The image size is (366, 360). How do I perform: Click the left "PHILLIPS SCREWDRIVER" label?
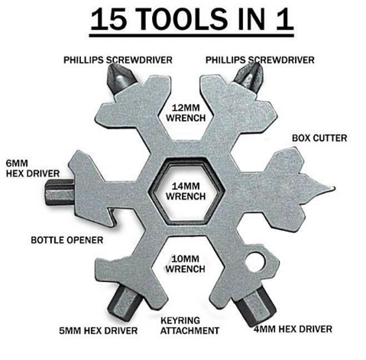117,58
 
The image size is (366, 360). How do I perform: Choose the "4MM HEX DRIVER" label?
294,329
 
